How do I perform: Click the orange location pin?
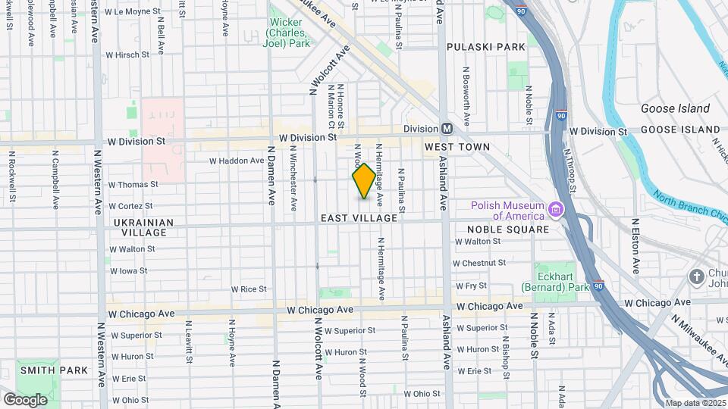coord(364,180)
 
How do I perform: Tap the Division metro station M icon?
coord(447,129)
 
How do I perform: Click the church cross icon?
coord(696,276)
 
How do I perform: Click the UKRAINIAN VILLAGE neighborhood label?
coord(143,227)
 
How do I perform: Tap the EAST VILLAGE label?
coord(359,218)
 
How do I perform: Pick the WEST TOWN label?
coord(457,146)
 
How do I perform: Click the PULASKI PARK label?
coord(486,47)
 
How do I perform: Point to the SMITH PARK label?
coord(54,370)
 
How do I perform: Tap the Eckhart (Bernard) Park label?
coord(555,283)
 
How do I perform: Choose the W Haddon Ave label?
coord(237,161)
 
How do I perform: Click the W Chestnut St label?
coord(479,263)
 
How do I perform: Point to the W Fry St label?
coord(471,286)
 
